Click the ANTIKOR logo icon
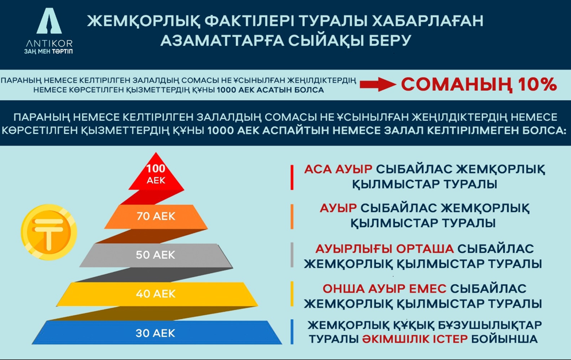[x=49, y=21]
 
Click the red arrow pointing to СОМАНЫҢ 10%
[x=377, y=84]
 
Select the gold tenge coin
[x=49, y=232]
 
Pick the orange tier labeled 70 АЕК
[x=156, y=216]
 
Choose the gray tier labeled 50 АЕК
[x=156, y=255]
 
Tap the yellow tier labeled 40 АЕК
[x=156, y=294]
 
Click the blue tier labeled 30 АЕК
[x=156, y=332]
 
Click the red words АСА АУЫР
[x=338, y=169]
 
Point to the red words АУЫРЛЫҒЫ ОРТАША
[x=384, y=249]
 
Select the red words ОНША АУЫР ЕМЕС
[x=384, y=289]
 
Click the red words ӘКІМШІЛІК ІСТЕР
[x=415, y=339]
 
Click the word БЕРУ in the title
[x=390, y=40]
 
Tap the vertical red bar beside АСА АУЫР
[x=292, y=178]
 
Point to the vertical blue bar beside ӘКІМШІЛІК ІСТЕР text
[x=292, y=332]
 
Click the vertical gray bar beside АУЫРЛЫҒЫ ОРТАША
[x=292, y=255]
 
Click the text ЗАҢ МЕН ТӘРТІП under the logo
[x=48, y=51]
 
